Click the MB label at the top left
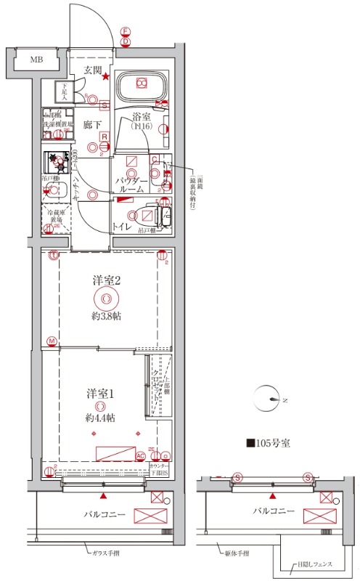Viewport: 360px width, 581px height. click(36, 60)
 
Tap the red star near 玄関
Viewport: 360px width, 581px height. click(106, 78)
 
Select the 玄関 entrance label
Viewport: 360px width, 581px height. click(91, 70)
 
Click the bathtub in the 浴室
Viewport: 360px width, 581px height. click(142, 85)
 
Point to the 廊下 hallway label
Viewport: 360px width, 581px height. click(91, 124)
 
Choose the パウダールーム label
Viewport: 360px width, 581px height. click(131, 184)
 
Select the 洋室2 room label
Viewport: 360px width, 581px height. click(106, 279)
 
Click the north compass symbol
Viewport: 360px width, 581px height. click(272, 398)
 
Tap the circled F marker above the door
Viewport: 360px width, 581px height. click(126, 32)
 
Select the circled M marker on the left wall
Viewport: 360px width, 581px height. click(52, 341)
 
